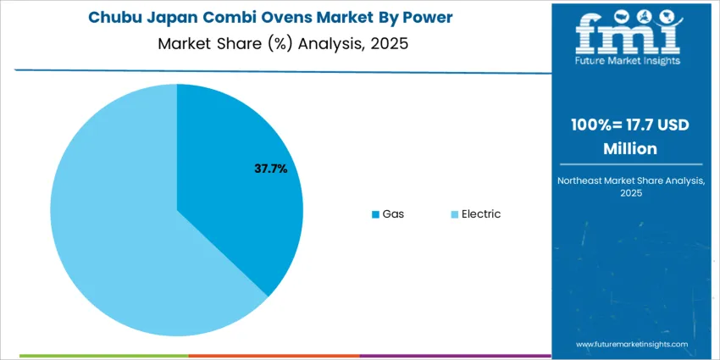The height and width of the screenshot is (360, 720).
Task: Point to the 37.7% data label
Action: [271, 169]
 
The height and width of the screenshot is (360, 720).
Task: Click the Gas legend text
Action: [393, 213]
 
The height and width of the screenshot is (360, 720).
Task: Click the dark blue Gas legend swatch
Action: [375, 214]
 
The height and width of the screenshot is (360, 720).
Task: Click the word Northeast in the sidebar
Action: [584, 180]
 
